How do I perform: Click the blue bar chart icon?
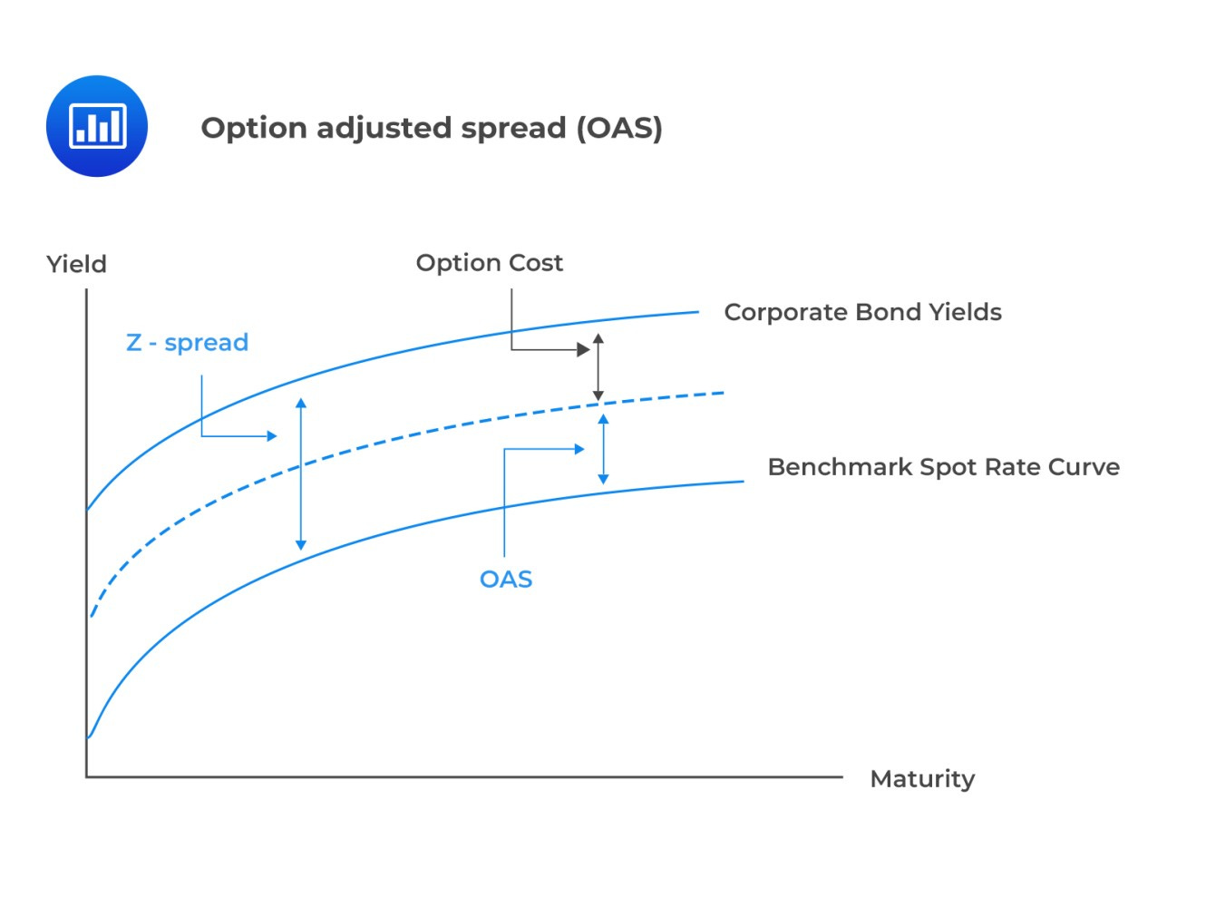pos(97,126)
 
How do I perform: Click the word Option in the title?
pos(254,128)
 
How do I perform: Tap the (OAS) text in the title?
pos(619,128)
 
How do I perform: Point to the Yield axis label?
pos(77,264)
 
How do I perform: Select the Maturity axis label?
pos(922,779)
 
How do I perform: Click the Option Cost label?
pos(489,263)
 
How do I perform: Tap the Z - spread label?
pos(187,343)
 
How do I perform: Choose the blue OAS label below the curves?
pos(506,580)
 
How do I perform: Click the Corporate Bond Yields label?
pos(862,312)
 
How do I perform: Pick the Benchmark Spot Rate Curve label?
pos(943,467)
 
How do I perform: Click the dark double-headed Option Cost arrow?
pos(598,367)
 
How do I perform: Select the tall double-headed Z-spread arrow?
pos(301,473)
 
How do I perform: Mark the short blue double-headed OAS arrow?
pos(603,449)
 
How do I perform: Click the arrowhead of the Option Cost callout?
pos(584,349)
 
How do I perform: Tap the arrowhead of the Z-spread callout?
pos(271,436)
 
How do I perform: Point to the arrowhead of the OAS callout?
pos(579,449)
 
